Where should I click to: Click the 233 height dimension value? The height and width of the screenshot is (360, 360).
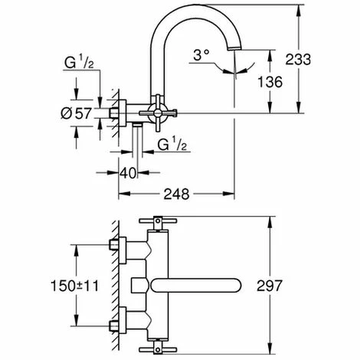[x=298, y=59]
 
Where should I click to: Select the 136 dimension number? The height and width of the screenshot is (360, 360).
[x=270, y=82]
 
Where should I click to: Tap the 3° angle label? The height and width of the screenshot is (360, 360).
[x=201, y=55]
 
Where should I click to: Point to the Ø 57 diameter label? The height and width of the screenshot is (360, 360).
[x=76, y=113]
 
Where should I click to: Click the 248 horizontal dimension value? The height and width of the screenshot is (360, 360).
[x=176, y=194]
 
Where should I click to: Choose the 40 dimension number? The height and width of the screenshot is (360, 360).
[x=128, y=173]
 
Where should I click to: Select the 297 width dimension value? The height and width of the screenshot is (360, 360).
[x=270, y=286]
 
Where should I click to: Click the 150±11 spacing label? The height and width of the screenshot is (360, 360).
[x=75, y=286]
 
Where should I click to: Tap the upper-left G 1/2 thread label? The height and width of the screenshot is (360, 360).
[x=79, y=62]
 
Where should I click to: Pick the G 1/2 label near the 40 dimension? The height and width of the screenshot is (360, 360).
[x=172, y=145]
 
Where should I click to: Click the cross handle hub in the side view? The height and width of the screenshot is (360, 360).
[x=159, y=113]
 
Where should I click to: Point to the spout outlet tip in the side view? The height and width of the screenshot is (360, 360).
[x=234, y=48]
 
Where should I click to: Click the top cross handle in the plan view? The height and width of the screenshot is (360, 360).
[x=158, y=221]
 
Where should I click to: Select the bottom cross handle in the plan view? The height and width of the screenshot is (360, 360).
[x=158, y=349]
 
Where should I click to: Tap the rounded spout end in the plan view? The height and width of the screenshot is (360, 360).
[x=236, y=285]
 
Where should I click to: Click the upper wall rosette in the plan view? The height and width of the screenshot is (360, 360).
[x=123, y=250]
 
